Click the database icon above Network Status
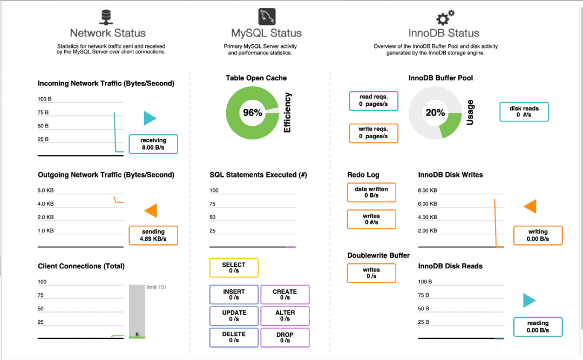coord(106,17)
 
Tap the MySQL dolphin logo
coord(267,17)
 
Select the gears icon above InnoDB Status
coord(445,17)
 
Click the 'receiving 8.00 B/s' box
coord(153,144)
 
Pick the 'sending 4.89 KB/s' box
coord(153,235)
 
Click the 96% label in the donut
coord(253,113)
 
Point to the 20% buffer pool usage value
coord(435,113)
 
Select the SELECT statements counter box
coord(234,268)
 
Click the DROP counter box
coord(285,338)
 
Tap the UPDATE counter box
coord(234,316)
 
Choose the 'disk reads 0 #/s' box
coord(524,112)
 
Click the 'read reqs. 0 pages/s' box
coord(374,101)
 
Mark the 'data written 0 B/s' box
coord(371,192)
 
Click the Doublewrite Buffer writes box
coord(371,273)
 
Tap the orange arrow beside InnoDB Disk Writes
coord(530,206)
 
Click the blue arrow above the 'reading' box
coord(530,301)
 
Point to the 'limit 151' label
coord(157,287)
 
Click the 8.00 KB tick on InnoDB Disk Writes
coord(427,191)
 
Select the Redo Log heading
coord(363,175)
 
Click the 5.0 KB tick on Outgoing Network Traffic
coord(45,191)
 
